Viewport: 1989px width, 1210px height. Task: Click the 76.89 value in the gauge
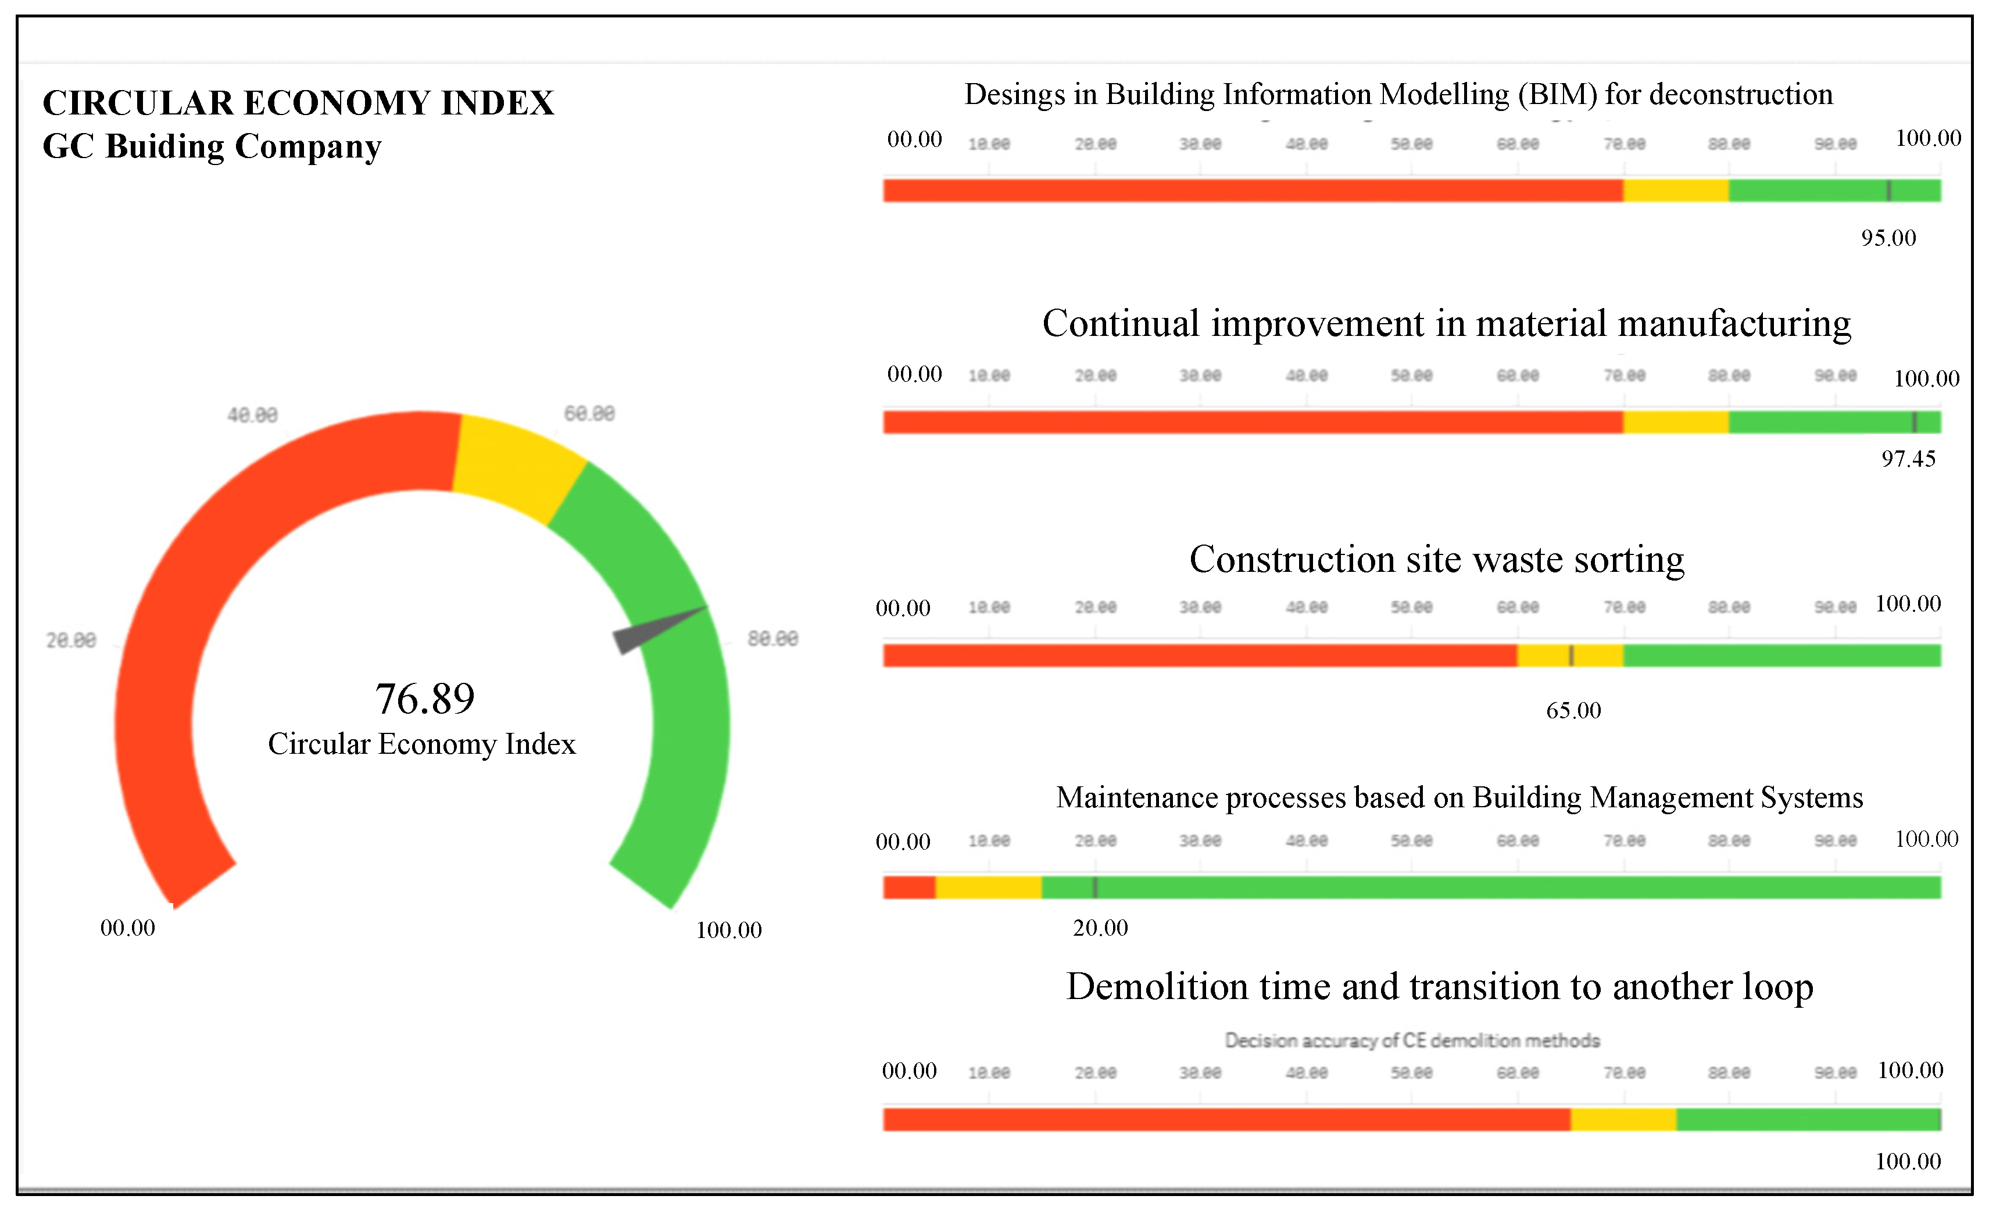click(x=425, y=699)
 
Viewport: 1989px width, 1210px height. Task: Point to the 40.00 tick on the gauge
click(x=252, y=415)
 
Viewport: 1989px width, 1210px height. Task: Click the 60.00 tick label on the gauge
click(x=589, y=413)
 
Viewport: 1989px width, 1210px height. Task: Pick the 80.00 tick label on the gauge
click(x=772, y=639)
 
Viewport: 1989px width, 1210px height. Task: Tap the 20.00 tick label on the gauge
click(x=71, y=640)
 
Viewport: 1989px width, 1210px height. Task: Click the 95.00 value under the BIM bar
click(x=1888, y=238)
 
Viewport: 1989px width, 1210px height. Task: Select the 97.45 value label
click(x=1908, y=459)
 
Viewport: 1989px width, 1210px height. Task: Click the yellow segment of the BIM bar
click(x=1676, y=191)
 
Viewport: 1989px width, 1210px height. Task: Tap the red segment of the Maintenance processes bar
click(x=909, y=887)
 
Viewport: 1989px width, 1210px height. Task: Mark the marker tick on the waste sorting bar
click(x=1571, y=656)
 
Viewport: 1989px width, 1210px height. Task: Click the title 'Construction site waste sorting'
click(x=1437, y=560)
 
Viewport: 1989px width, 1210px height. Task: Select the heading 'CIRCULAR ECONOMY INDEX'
click(x=298, y=103)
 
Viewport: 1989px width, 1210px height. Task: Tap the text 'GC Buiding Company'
click(x=212, y=147)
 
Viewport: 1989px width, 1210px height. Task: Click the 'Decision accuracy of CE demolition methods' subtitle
click(x=1412, y=1040)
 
